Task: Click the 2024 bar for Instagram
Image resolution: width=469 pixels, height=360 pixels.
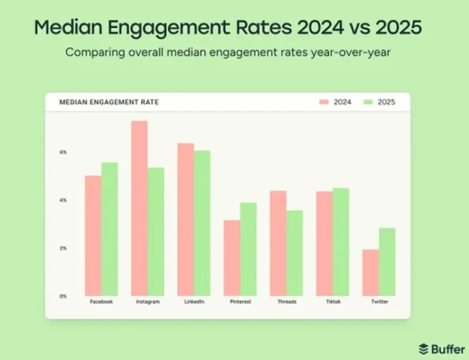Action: pyautogui.click(x=139, y=208)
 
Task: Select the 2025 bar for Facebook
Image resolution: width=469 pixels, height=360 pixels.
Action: pyautogui.click(x=110, y=229)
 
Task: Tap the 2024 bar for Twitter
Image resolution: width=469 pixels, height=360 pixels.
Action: pyautogui.click(x=371, y=272)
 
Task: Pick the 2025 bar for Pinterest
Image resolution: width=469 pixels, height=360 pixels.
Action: pyautogui.click(x=249, y=249)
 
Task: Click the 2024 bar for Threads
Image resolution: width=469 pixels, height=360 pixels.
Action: pyautogui.click(x=278, y=243)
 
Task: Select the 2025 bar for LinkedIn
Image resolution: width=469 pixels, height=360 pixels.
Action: pyautogui.click(x=202, y=223)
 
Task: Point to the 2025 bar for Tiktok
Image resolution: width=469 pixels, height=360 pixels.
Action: pyautogui.click(x=341, y=242)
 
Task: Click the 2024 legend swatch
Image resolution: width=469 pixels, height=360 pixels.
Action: pyautogui.click(x=324, y=102)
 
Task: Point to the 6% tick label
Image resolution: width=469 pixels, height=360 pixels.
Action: pyautogui.click(x=63, y=152)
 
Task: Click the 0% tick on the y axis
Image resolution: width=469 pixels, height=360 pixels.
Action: pyautogui.click(x=63, y=296)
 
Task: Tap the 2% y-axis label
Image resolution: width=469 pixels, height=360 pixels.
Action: pyautogui.click(x=63, y=248)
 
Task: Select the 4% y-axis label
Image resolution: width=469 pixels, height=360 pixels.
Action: pyautogui.click(x=63, y=200)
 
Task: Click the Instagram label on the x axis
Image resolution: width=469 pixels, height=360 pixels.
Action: pyautogui.click(x=147, y=302)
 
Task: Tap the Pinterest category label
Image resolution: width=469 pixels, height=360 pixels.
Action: pyautogui.click(x=240, y=302)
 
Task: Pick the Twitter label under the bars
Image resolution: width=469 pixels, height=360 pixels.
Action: pyautogui.click(x=379, y=302)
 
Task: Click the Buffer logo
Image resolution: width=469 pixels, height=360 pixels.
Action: pyautogui.click(x=441, y=348)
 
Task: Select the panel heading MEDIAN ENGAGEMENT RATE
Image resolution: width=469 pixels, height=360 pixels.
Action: pyautogui.click(x=109, y=102)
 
